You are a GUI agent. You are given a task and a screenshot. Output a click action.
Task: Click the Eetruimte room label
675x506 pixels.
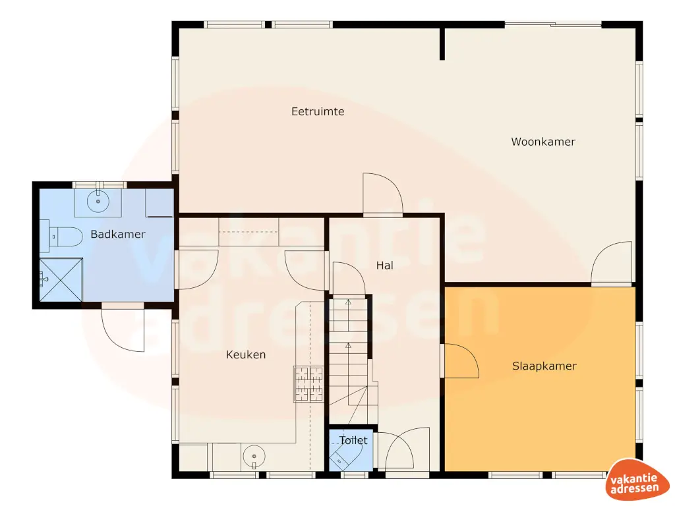pos(318,111)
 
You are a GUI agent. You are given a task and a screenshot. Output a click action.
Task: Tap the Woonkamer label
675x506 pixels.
pos(543,142)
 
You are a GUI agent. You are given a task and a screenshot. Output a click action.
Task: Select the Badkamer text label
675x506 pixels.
pos(118,234)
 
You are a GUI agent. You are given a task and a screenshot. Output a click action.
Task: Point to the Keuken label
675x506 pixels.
pos(246,354)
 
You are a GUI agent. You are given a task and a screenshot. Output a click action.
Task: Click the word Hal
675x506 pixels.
pos(384,266)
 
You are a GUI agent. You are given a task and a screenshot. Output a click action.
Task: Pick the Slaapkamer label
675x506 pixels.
pos(544,366)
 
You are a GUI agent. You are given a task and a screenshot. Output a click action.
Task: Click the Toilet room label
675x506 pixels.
pos(353,440)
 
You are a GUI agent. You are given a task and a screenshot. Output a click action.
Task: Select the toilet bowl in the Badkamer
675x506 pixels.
pos(66,236)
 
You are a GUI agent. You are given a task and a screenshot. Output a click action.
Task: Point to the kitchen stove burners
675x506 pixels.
pos(308,383)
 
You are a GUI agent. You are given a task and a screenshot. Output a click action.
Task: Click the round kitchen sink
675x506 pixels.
pos(253,455)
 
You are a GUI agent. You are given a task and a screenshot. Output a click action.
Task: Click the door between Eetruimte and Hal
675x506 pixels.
pos(382,194)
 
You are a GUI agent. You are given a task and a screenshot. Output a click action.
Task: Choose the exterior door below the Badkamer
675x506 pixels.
pos(123,328)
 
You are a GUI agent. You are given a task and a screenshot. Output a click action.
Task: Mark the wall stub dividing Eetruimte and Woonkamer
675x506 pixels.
pos(442,43)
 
